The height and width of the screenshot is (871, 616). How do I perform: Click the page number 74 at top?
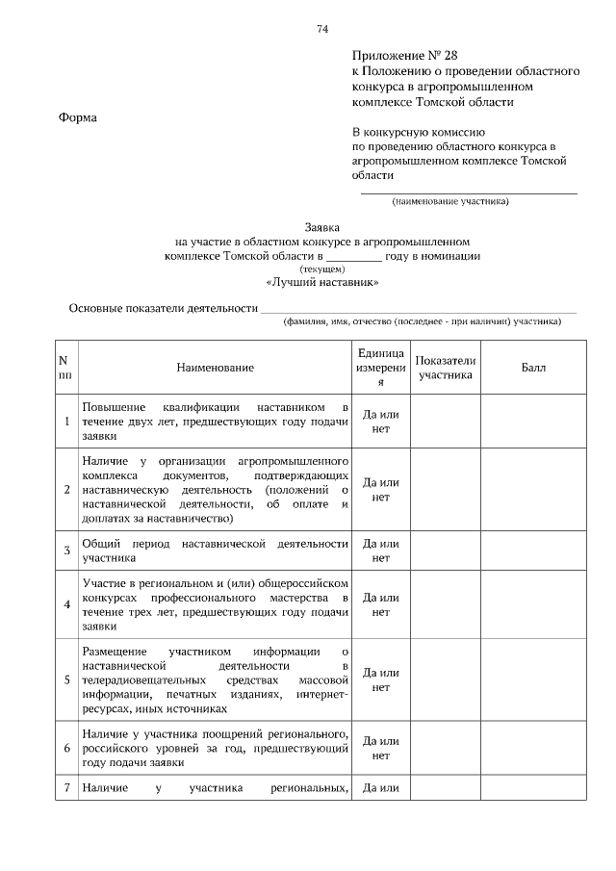322,29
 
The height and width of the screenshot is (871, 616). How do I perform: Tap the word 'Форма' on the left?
79,117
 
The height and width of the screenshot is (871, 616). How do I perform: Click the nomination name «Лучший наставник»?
321,283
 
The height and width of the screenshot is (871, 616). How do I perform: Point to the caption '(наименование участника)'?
449,202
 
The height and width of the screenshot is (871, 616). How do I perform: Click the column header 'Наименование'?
215,369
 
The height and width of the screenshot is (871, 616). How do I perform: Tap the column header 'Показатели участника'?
446,368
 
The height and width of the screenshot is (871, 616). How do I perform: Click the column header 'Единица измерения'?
380,369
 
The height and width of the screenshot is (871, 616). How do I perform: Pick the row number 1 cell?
66,422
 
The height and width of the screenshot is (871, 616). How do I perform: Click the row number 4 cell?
66,604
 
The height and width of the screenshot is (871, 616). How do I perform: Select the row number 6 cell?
66,748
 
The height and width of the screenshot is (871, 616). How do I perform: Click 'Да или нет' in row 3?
380,551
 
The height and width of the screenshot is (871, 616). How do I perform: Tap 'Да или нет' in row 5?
380,679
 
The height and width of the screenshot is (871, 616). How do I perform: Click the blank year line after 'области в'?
353,256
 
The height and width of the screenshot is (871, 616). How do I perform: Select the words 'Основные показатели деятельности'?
163,308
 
